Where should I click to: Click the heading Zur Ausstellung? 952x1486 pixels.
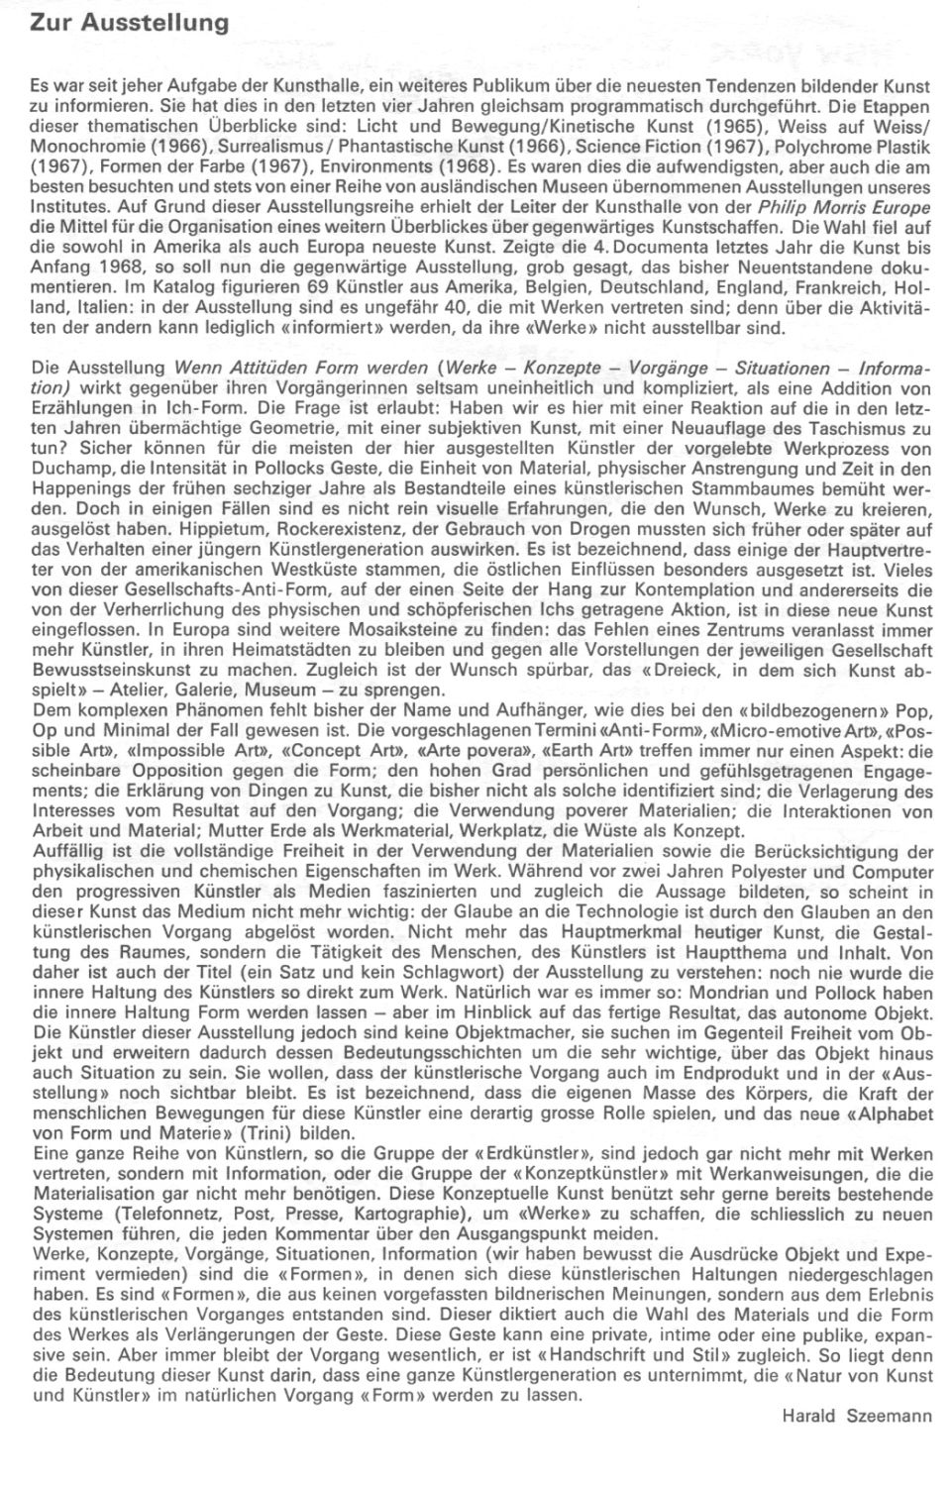click(130, 21)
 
